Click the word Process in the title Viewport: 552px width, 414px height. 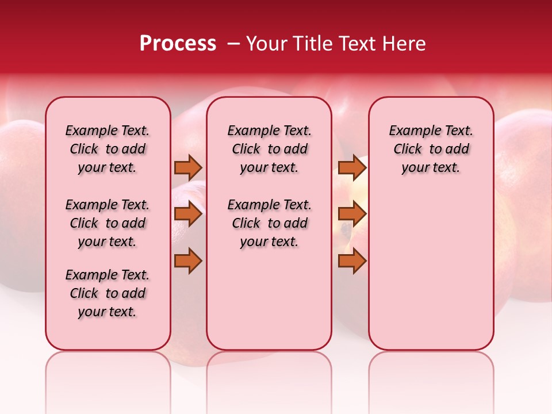coord(178,44)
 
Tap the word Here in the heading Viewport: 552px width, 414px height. coord(405,44)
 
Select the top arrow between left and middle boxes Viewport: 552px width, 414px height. coord(188,168)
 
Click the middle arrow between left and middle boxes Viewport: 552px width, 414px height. coord(188,214)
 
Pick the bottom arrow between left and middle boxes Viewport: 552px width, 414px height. coord(188,260)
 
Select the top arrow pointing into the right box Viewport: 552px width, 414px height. coord(352,168)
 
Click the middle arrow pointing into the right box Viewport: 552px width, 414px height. coord(352,214)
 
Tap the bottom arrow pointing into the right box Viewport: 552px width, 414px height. coord(352,260)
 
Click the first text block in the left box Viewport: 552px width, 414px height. coord(108,149)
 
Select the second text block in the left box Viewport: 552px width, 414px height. coord(108,223)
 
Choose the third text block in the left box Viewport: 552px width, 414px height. coord(108,293)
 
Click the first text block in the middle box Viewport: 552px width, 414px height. coord(269,149)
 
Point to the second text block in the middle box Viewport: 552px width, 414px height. coord(269,223)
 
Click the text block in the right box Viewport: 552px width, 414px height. coord(431,149)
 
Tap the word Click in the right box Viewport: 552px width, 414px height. coord(408,149)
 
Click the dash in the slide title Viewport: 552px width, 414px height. coord(233,44)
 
